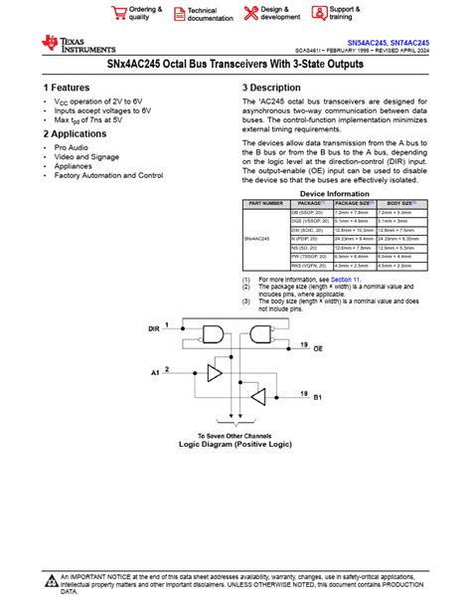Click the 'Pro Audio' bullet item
72,147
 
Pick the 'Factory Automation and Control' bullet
109,175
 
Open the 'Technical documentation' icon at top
180,12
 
